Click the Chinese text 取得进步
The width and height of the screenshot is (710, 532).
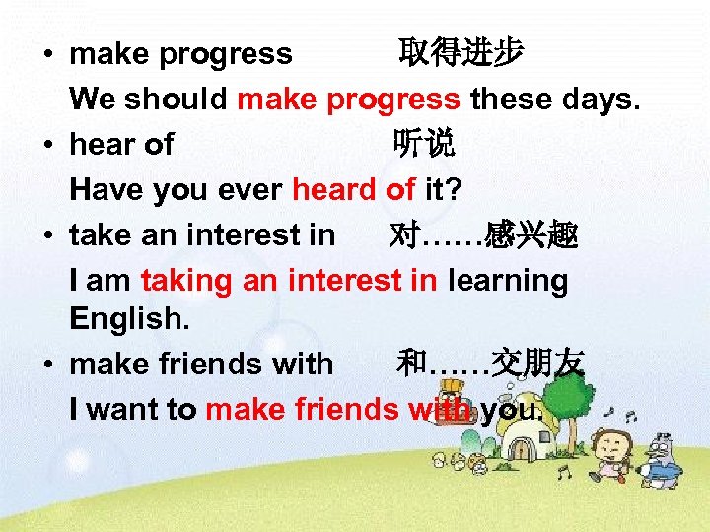tap(461, 53)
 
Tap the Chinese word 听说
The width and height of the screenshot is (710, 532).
tap(424, 145)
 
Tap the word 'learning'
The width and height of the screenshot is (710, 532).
tap(508, 281)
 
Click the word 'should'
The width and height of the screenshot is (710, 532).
tap(179, 100)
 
